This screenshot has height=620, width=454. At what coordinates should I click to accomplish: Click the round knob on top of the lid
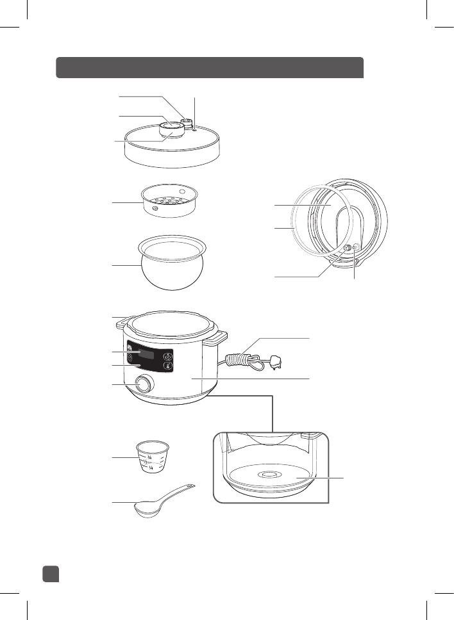coord(171,131)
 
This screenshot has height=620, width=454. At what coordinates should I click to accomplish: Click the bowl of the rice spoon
coord(148,509)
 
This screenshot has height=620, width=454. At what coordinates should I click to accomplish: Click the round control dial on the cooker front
coord(145,384)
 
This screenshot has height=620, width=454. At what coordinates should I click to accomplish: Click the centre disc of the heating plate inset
coord(269,475)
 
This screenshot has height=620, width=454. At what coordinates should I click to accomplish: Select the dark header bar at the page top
coord(210,67)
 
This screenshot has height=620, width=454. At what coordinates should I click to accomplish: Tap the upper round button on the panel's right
coord(168,356)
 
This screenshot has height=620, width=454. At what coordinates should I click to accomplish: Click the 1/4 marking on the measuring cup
coord(152,468)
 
